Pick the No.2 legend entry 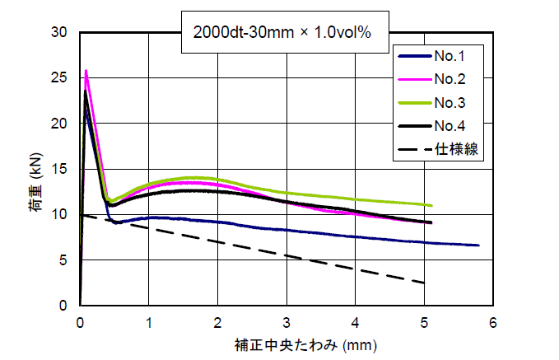(450, 79)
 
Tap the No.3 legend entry (450, 102)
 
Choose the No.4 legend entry (450, 125)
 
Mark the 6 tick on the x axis (491, 320)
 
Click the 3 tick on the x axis (286, 320)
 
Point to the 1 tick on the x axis (149, 320)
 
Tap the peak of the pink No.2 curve (86, 71)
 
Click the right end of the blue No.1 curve (478, 245)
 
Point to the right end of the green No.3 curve (431, 206)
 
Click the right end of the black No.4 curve (431, 222)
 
